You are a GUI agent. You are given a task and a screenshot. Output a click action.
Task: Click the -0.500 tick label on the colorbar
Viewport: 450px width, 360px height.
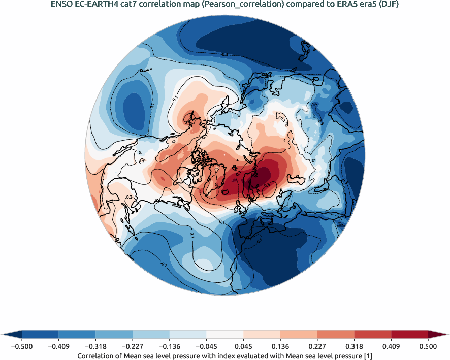22,346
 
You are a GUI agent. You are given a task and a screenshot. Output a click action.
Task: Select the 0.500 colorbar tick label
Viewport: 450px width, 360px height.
428,346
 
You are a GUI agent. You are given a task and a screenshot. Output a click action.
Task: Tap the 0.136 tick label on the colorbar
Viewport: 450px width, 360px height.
280,346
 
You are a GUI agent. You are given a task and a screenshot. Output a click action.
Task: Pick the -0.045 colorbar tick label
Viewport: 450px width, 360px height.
206,346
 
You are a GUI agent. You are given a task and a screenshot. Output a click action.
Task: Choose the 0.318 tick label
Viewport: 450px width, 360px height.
354,346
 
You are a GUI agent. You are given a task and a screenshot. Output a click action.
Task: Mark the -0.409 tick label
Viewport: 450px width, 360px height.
59,346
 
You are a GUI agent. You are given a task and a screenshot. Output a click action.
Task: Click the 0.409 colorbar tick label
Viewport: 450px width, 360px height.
391,346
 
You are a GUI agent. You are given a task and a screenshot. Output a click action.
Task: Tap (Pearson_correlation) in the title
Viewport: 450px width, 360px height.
241,5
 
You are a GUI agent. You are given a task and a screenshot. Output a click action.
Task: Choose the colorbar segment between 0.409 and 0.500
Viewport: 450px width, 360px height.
409,334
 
